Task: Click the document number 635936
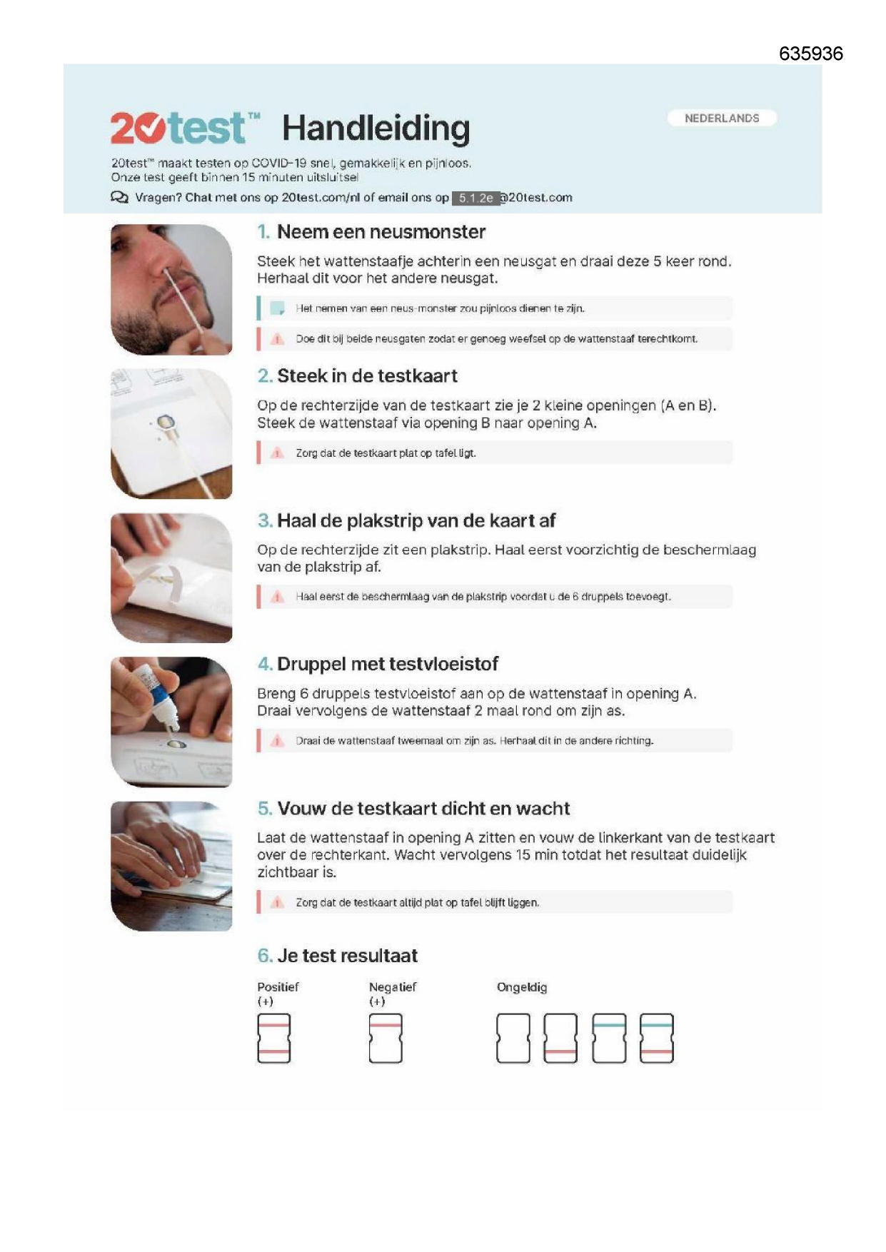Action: (x=810, y=54)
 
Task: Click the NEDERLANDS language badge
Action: (x=722, y=118)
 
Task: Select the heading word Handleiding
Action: (x=376, y=128)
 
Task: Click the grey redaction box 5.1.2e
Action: (x=475, y=198)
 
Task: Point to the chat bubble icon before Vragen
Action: (x=119, y=198)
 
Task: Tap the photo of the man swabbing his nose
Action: (x=171, y=289)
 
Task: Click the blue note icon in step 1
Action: (x=277, y=309)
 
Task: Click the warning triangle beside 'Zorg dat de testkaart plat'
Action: (x=277, y=453)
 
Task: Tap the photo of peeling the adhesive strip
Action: (x=171, y=577)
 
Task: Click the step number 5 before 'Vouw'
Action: (x=265, y=809)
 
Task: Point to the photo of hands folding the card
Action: (x=171, y=866)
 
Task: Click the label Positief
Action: (x=278, y=987)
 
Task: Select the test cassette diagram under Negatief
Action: (x=386, y=1039)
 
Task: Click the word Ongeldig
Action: (x=522, y=987)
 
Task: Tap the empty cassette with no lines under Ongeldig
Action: (x=513, y=1039)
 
